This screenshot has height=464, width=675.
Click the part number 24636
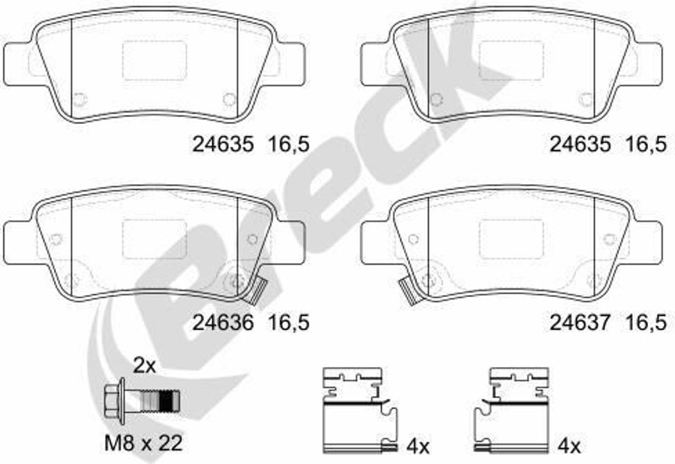point(223,323)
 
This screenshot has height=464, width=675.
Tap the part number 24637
point(580,323)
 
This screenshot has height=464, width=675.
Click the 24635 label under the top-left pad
point(223,144)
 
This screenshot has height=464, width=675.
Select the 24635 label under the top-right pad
point(580,144)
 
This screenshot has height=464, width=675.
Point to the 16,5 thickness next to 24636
point(289,323)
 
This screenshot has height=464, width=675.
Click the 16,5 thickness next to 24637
point(646,323)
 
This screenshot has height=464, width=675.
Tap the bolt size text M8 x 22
point(143,443)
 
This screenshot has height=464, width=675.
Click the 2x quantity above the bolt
point(144,366)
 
